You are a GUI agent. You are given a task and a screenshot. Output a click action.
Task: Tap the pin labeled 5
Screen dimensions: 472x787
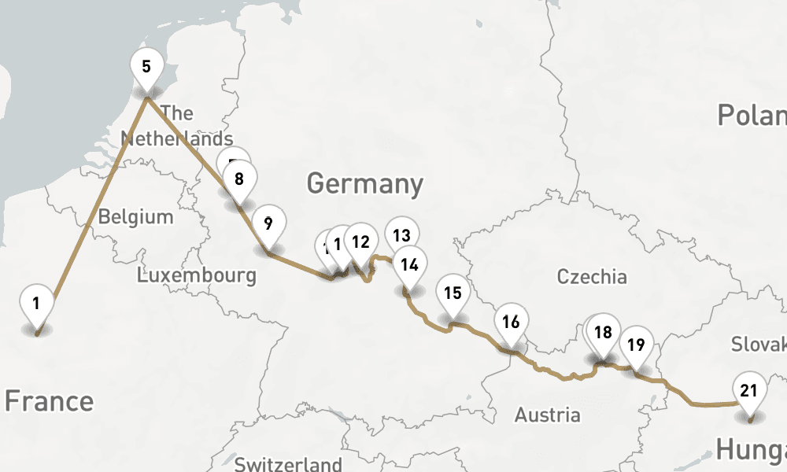tap(146, 66)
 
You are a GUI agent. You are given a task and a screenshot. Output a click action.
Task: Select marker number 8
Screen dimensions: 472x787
tap(239, 179)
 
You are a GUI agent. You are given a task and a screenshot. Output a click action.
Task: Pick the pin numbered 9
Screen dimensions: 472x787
tap(268, 224)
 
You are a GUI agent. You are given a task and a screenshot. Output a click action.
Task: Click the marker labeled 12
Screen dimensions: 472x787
tap(360, 242)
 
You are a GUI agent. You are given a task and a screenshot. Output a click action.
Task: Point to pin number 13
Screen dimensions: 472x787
tap(401, 235)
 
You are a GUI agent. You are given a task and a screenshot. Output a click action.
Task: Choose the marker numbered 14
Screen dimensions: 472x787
tap(409, 265)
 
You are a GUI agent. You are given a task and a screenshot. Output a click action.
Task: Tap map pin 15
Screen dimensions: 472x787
tap(453, 293)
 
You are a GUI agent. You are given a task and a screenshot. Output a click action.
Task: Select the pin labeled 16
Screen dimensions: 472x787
tap(511, 322)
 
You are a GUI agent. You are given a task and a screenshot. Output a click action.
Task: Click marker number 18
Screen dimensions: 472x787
tap(603, 332)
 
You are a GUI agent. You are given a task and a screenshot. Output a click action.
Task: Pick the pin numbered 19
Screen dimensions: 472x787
tap(637, 345)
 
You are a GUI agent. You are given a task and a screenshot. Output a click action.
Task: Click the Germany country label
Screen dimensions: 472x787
tap(365, 184)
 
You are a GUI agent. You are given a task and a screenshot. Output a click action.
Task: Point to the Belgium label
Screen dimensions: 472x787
tap(135, 216)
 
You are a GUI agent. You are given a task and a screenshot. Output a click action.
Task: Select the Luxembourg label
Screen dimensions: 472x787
tap(196, 275)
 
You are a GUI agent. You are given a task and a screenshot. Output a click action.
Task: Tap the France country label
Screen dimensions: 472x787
tap(49, 401)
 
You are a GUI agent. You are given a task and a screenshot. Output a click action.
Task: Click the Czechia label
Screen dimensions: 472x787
tap(592, 276)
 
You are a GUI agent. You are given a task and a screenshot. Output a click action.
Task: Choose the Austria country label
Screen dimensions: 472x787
tap(547, 415)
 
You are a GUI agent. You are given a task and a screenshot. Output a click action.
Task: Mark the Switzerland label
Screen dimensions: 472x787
tap(288, 463)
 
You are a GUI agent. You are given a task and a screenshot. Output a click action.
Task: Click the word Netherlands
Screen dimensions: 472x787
tap(177, 139)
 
